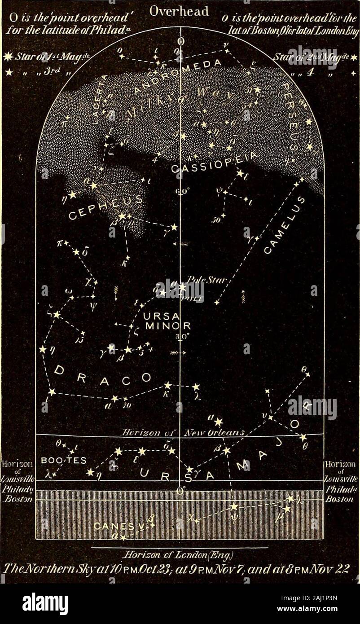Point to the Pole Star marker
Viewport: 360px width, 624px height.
[x=182, y=286]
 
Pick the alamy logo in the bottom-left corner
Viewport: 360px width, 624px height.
[x=45, y=604]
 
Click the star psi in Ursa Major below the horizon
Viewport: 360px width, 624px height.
[x=233, y=506]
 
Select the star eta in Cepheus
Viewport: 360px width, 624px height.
[x=72, y=195]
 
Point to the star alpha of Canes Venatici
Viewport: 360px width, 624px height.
[x=122, y=536]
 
